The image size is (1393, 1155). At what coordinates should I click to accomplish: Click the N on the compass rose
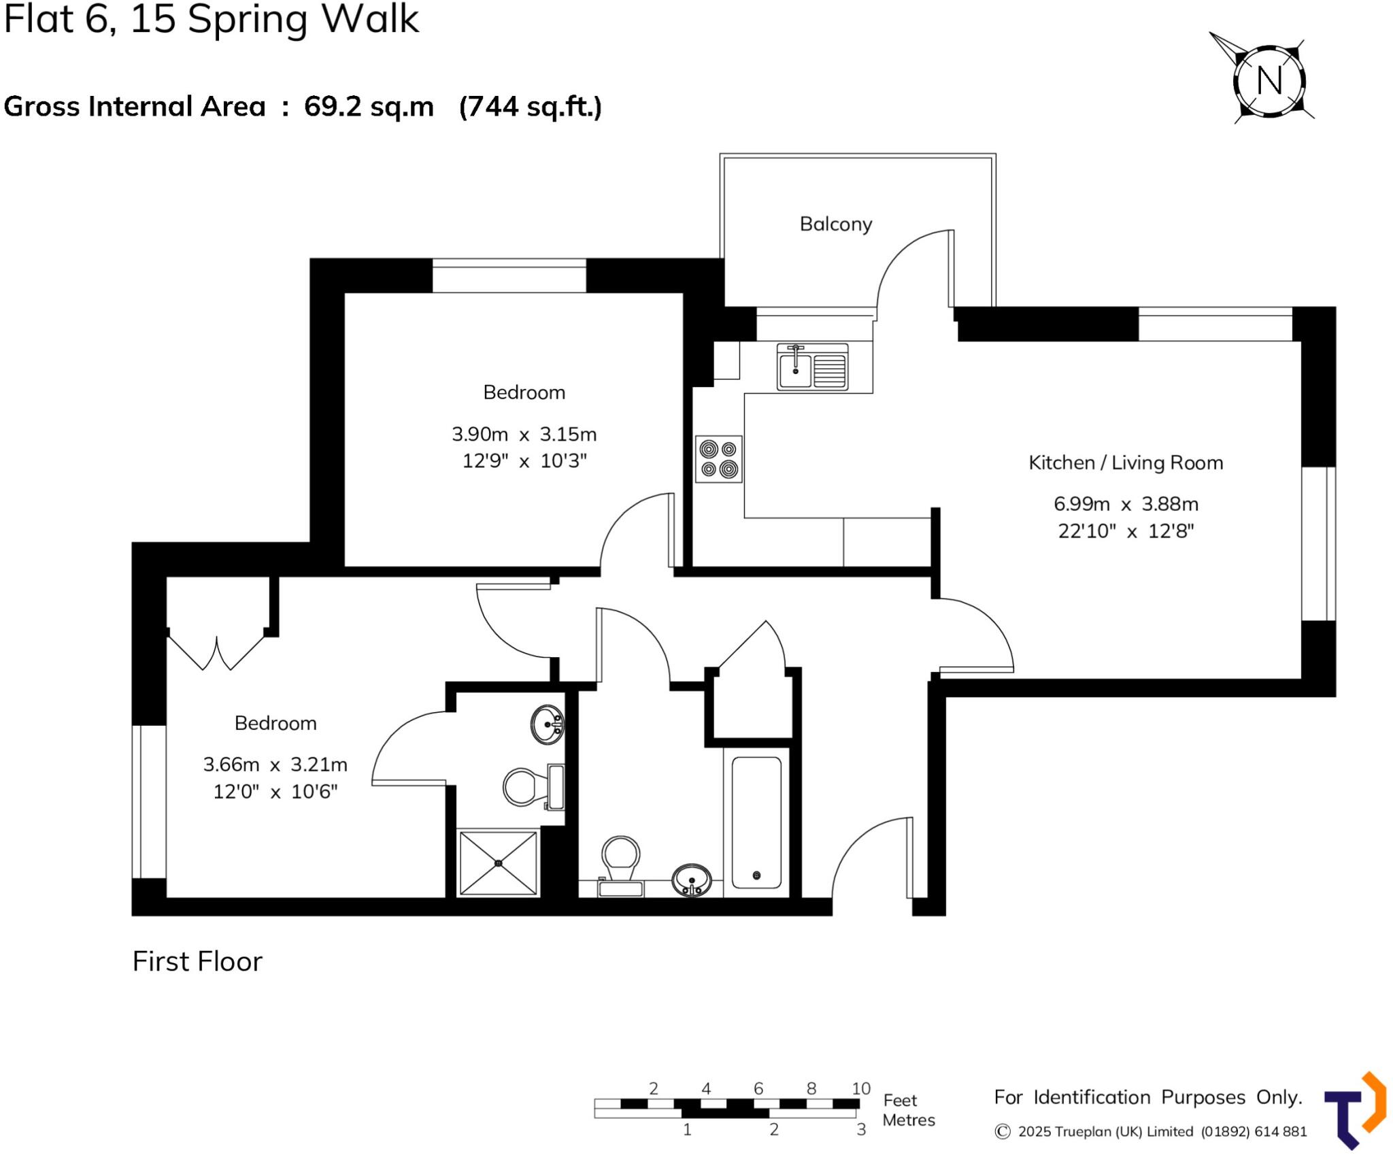[x=1269, y=81]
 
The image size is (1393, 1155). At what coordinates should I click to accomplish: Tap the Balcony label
[x=835, y=224]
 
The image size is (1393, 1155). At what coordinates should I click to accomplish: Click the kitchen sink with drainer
[x=812, y=367]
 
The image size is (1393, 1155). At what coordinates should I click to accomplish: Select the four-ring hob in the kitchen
[x=719, y=459]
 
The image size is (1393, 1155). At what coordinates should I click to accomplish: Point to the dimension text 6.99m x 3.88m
[x=1126, y=504]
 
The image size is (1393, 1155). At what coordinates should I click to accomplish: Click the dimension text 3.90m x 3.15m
[x=524, y=434]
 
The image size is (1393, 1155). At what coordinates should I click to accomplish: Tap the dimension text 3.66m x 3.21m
[x=275, y=765]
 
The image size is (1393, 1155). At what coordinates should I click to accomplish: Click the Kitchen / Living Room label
[x=1125, y=463]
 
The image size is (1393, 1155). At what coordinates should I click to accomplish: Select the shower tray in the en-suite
[x=498, y=863]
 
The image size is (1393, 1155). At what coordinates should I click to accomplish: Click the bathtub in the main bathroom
[x=756, y=822]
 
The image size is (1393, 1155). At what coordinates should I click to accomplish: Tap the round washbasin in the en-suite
[x=547, y=724]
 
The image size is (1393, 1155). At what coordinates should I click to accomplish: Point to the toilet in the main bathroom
[x=620, y=864]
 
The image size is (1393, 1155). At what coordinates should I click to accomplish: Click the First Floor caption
[x=197, y=961]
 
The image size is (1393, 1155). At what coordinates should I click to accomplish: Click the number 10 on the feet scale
[x=860, y=1088]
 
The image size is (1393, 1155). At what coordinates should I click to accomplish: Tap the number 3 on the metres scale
[x=860, y=1130]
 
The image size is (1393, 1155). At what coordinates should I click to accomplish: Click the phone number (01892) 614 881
[x=1253, y=1131]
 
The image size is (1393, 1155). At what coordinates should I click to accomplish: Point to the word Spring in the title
[x=248, y=19]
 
